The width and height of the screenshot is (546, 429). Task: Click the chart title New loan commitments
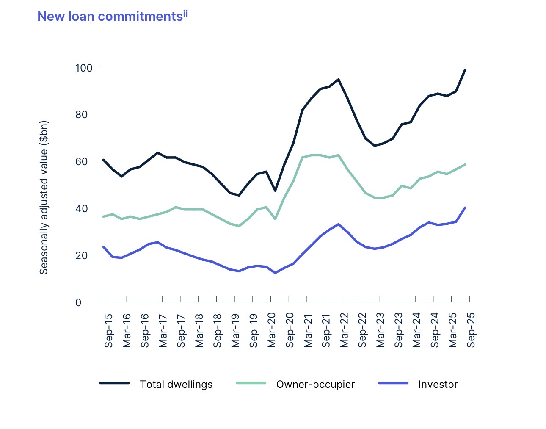click(110, 17)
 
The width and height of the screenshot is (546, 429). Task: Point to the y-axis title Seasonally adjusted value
click(44, 197)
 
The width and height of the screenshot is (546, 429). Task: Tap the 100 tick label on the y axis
click(83, 68)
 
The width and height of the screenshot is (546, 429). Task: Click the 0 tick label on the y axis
click(78, 302)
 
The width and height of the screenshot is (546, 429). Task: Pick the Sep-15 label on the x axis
click(109, 330)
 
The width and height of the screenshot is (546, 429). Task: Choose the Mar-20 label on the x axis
click(272, 330)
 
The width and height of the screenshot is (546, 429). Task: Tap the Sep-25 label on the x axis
click(471, 330)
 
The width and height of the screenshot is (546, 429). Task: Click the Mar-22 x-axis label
click(344, 330)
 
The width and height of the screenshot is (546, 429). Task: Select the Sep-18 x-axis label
click(218, 330)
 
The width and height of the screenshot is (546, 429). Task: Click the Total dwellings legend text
click(176, 385)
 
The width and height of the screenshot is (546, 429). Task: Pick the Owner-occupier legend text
click(315, 385)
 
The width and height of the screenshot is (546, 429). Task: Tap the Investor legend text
click(438, 385)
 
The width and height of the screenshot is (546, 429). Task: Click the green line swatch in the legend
click(251, 383)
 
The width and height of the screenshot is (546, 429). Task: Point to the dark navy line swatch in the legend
click(114, 383)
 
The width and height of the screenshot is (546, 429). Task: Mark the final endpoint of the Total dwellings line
click(465, 70)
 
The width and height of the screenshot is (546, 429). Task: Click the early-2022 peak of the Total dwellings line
click(339, 79)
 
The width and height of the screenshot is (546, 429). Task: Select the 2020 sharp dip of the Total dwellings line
click(275, 191)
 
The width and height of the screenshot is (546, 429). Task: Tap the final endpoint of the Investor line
click(465, 208)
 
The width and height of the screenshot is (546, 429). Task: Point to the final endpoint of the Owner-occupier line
click(465, 164)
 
